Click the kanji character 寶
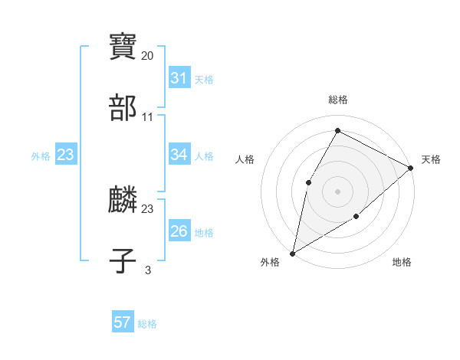123,47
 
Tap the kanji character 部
123,108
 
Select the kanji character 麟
123,200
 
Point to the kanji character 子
123,261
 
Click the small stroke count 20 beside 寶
147,56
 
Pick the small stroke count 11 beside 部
147,117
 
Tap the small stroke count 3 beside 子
147,270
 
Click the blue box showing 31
179,78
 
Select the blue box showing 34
179,155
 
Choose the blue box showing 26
179,231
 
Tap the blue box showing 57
123,322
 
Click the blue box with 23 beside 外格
65,155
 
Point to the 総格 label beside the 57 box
147,324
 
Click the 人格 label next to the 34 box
204,156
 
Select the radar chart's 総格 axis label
337,100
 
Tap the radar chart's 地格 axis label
402,263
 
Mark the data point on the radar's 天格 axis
411,168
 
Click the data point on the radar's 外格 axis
292,253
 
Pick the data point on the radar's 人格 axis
308,182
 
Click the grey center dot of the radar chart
337,191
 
